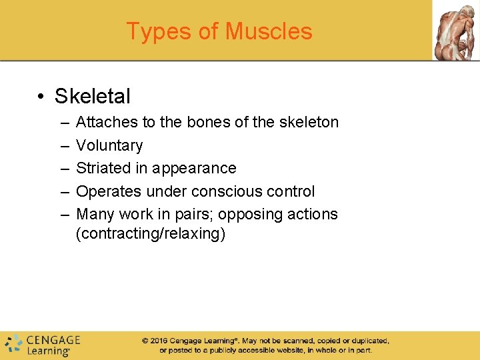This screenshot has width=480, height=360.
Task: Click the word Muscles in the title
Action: [x=269, y=31]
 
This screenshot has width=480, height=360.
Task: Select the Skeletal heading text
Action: [x=93, y=96]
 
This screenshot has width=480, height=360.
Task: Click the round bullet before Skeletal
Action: [x=42, y=97]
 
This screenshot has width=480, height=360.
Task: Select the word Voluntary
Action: [x=109, y=145]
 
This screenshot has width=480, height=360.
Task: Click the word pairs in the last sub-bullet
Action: [x=194, y=215]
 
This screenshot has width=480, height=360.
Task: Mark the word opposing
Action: [x=251, y=215]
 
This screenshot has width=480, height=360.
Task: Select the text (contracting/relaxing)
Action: [x=151, y=234]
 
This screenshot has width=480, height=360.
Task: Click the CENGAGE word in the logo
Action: [x=53, y=340]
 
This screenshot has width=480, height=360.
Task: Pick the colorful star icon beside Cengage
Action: [x=13, y=344]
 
